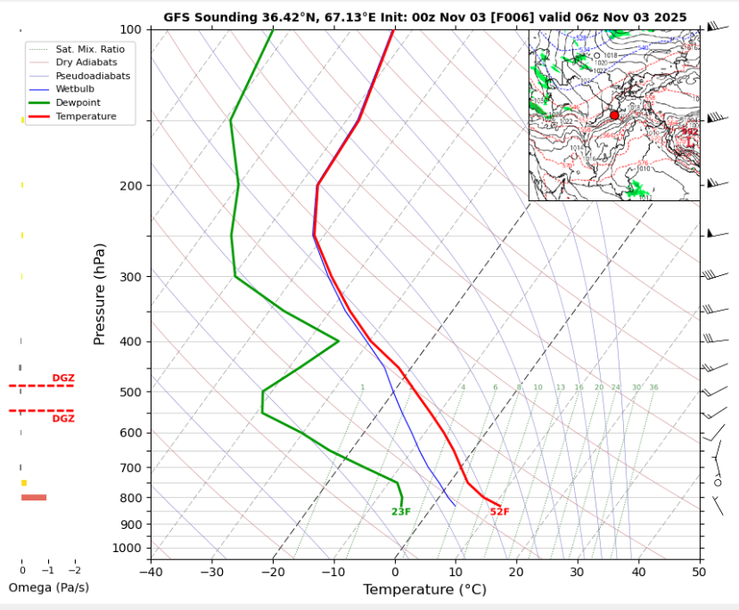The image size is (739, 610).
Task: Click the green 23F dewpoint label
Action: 401,512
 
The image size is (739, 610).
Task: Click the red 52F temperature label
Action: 499,512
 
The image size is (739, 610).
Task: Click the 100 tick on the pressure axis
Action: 130,29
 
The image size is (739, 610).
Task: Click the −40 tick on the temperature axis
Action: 151,570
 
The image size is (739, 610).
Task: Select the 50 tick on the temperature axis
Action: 698,570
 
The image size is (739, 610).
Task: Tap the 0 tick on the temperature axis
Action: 395,570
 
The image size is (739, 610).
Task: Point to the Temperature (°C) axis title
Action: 424,590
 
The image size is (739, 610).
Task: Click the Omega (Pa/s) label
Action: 48,588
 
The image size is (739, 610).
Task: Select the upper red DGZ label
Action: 63,378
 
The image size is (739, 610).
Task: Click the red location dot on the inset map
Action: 614,116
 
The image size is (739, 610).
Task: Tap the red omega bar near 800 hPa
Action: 34,497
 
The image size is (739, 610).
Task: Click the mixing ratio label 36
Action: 653,387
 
